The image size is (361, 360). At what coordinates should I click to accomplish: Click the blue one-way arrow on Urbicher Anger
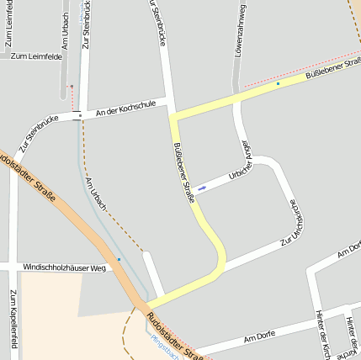point(202,187)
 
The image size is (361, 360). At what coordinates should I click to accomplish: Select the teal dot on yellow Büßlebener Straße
point(278,84)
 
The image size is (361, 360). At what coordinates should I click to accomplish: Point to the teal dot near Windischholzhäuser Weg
point(119,259)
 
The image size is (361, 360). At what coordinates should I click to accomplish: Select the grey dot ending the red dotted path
point(72,86)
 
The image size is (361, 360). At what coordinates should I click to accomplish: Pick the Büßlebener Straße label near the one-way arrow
point(183,172)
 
